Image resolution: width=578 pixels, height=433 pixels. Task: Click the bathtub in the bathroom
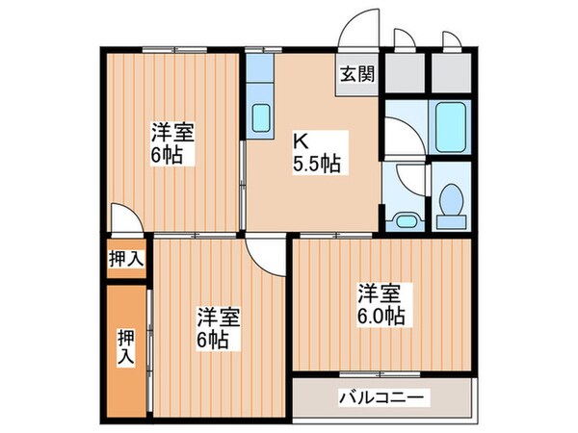[451, 122]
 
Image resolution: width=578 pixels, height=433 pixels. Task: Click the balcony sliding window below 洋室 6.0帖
[381, 373]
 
